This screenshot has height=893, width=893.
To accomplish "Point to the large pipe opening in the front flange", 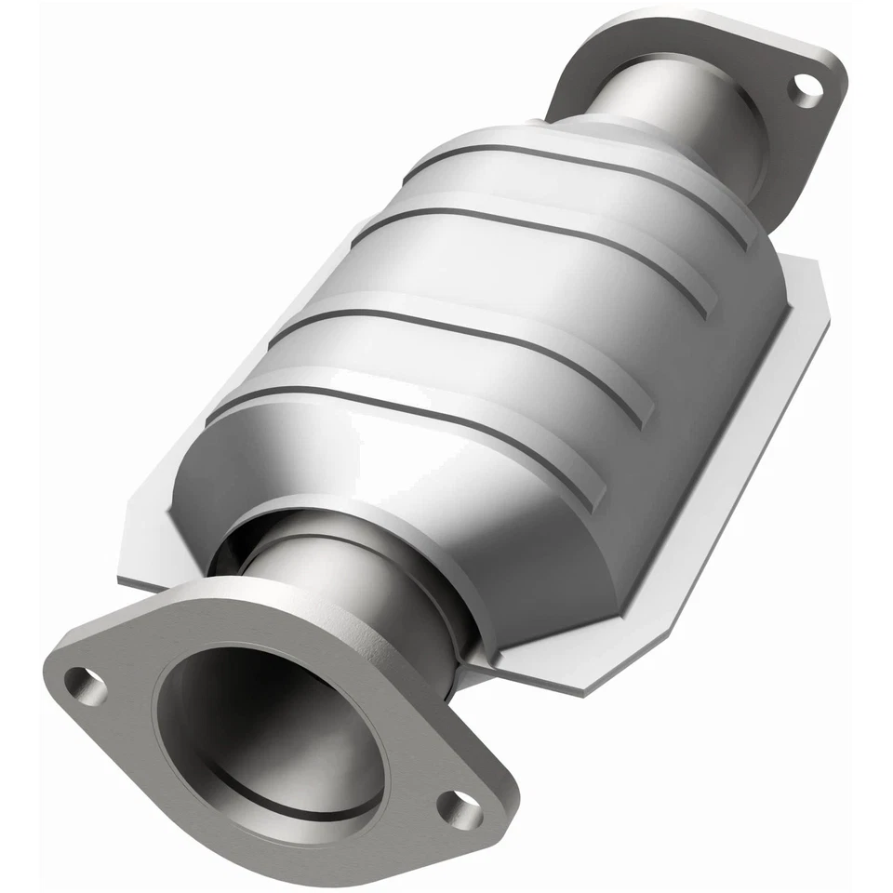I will (270, 735).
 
